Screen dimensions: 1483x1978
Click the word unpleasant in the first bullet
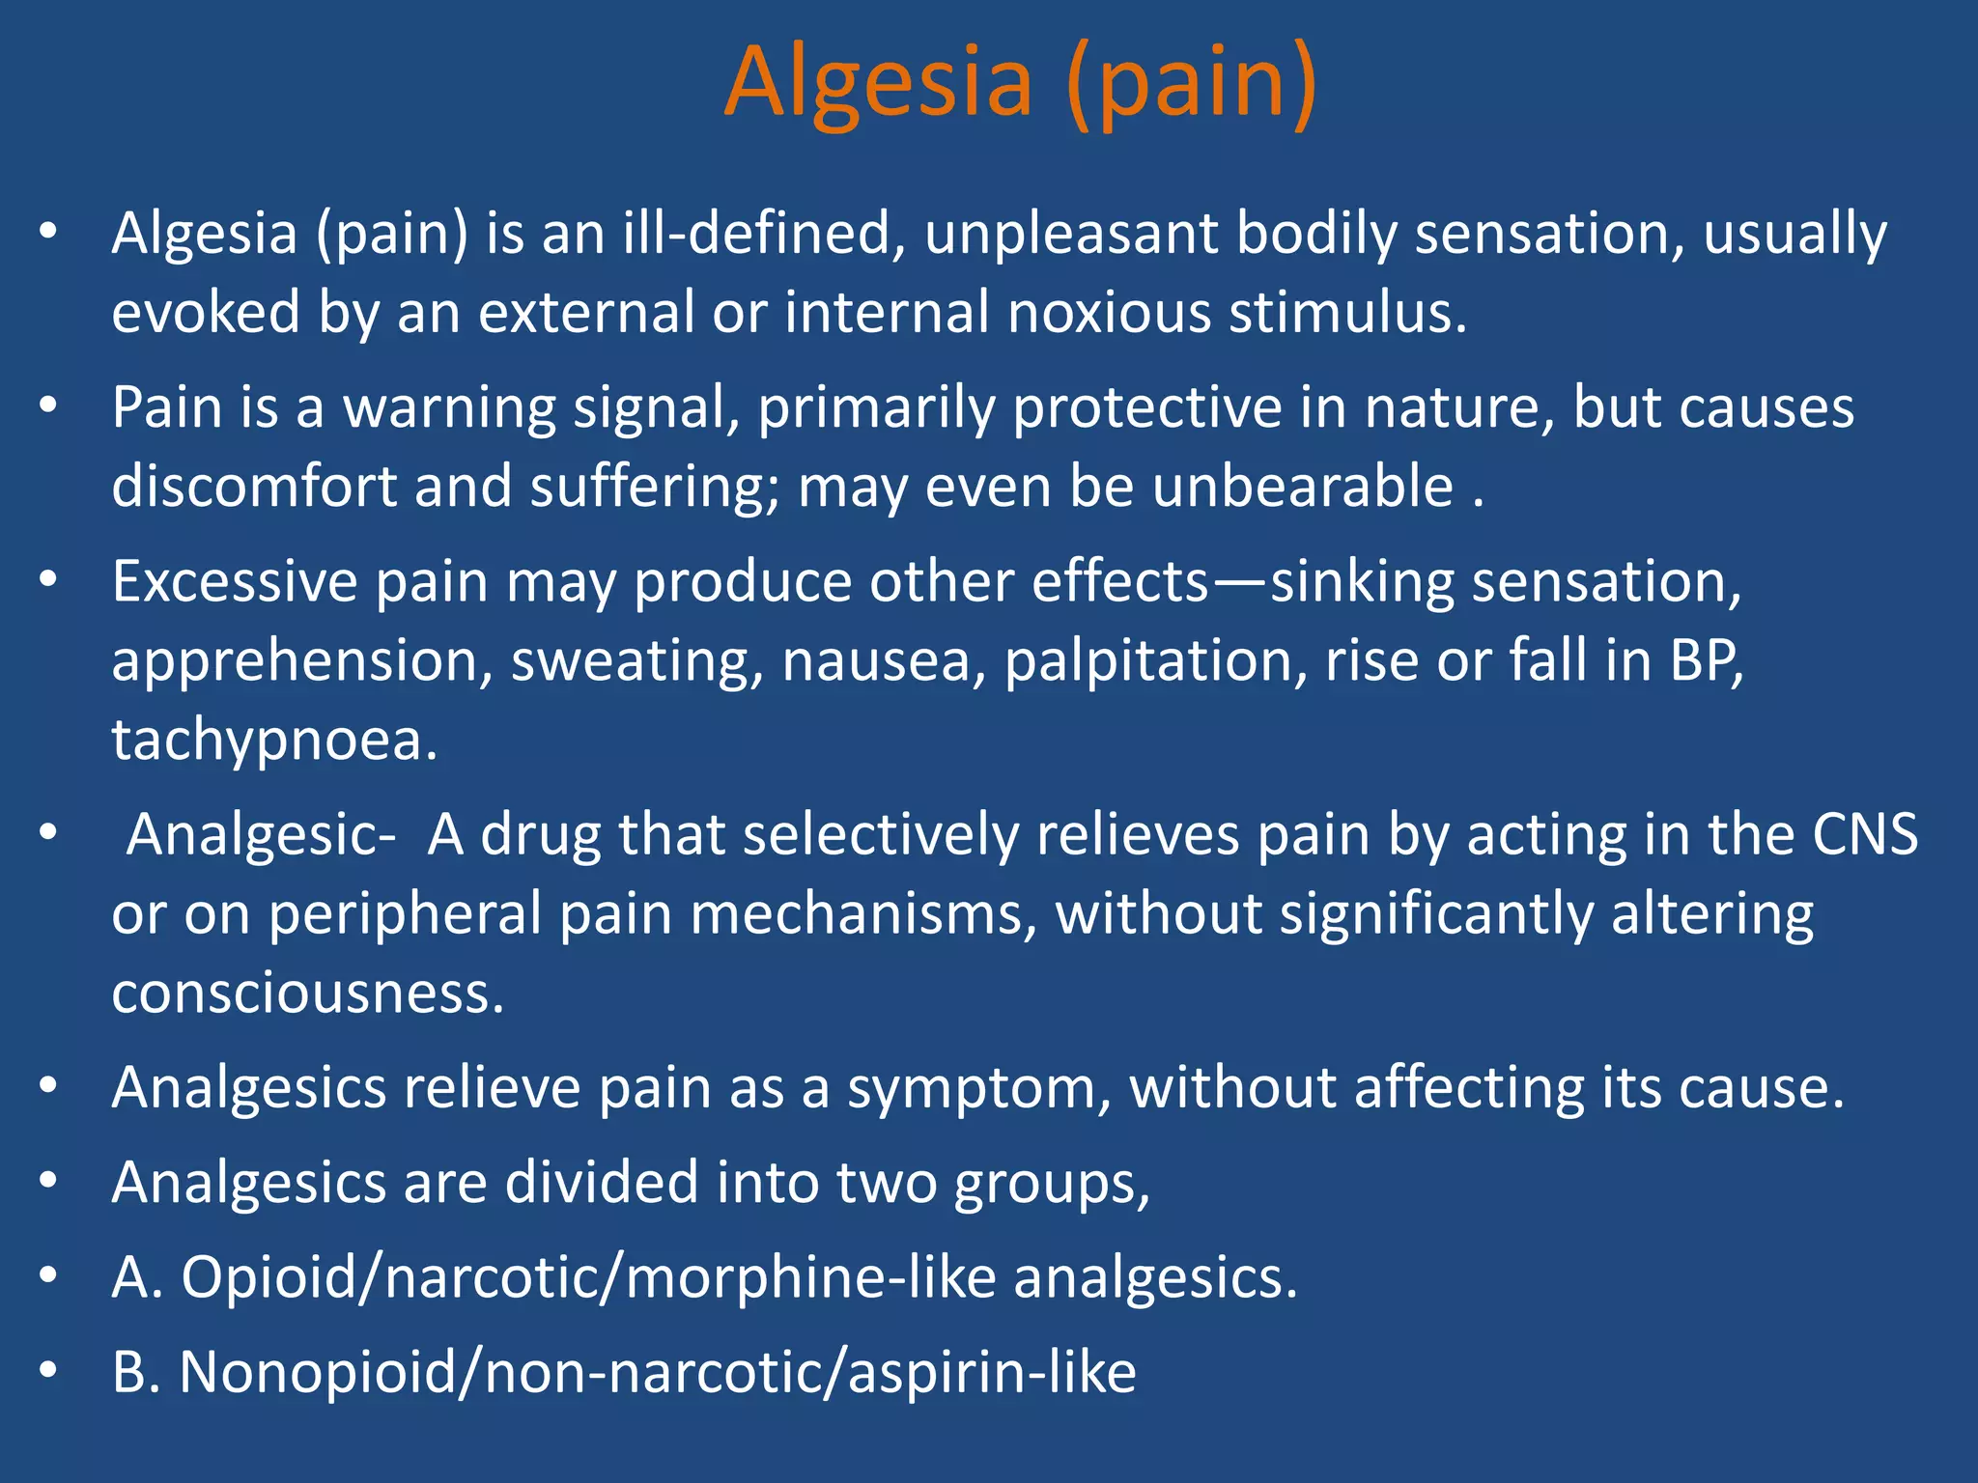[x=1071, y=235]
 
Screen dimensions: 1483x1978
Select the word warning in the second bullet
[x=449, y=408]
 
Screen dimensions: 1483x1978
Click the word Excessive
[x=235, y=582]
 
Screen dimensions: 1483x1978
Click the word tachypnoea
[x=274, y=741]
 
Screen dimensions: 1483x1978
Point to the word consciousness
[x=307, y=993]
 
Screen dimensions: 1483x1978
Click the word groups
[x=1052, y=1184]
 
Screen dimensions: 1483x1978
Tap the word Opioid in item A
[x=268, y=1277]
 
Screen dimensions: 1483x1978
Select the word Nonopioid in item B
[x=318, y=1372]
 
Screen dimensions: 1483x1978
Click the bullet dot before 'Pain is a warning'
[x=49, y=406]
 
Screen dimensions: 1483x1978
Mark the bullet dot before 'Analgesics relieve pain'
[x=49, y=1086]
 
